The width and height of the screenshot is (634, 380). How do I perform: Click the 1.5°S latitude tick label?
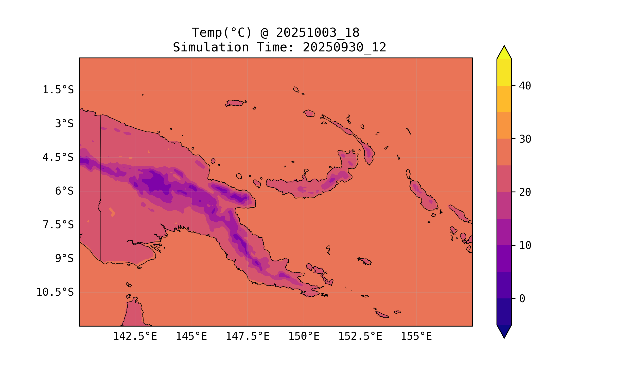[58, 90]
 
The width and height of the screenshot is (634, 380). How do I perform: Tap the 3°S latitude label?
[64, 124]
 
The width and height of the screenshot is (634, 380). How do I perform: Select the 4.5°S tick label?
[58, 158]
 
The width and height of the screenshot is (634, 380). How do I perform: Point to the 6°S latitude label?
[64, 191]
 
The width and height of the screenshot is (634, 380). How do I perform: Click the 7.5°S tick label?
[58, 225]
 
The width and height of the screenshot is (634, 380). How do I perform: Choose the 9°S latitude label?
[64, 259]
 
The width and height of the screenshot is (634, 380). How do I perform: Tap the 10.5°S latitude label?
[55, 292]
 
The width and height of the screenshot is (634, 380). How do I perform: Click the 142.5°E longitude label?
[135, 336]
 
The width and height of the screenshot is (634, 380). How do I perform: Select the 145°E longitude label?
[191, 336]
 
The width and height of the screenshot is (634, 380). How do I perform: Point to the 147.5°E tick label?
[248, 336]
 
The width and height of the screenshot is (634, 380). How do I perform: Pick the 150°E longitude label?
[304, 336]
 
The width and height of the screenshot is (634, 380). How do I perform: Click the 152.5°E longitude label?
[360, 336]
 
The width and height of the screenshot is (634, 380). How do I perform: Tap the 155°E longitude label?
[416, 336]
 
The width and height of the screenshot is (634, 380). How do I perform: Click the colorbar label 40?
[525, 86]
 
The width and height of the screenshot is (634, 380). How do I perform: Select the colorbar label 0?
[522, 299]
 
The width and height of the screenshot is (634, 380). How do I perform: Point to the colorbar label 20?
[525, 192]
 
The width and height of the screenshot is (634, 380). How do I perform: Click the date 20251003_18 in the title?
[318, 33]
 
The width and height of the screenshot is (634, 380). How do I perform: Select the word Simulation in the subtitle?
[211, 48]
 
